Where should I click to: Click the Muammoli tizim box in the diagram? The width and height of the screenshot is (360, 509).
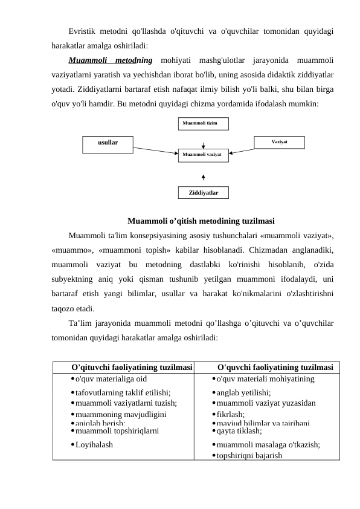coord(204,124)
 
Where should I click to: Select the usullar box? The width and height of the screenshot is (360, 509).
coord(108,143)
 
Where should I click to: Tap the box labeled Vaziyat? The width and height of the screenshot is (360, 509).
coord(279,141)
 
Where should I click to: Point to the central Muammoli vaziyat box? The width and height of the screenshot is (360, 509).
coord(203,155)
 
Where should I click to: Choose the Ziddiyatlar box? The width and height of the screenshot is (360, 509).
coord(204,193)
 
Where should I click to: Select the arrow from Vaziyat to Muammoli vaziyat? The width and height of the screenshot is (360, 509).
coord(242,150)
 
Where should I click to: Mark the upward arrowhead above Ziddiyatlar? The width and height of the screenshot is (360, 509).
coord(204,177)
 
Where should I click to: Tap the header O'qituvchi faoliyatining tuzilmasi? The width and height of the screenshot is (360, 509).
coord(132,367)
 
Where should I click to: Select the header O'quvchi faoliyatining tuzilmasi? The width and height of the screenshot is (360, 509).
coord(275,367)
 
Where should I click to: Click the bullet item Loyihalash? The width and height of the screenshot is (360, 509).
coord(94,444)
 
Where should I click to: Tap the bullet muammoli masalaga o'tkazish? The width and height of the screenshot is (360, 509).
coord(268,444)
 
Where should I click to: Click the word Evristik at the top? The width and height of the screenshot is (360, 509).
coord(85,30)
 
